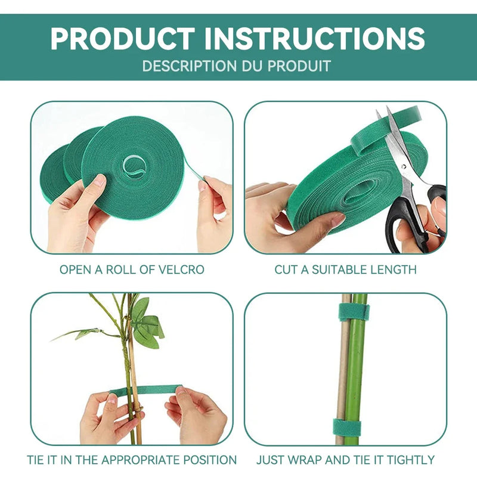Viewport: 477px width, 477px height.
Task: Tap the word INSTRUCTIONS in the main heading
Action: [314, 39]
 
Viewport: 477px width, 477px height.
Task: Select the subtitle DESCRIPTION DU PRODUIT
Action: [236, 66]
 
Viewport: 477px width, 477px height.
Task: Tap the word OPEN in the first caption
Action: [77, 270]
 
